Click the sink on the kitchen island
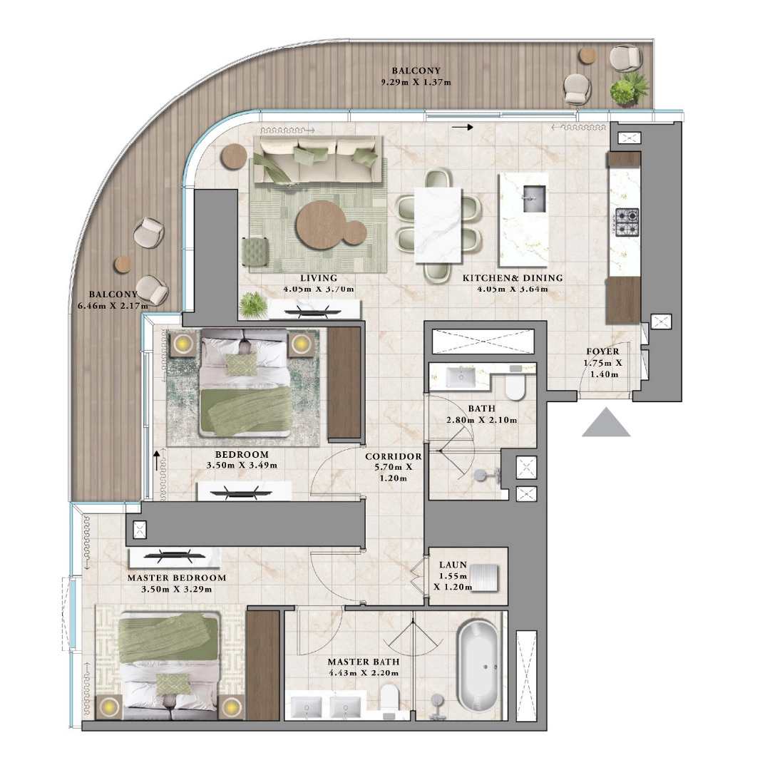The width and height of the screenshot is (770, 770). [533, 192]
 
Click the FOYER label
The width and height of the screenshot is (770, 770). [602, 351]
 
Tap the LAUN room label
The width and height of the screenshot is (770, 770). [453, 565]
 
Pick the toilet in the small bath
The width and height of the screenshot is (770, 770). [513, 388]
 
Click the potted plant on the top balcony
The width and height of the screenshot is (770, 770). [629, 89]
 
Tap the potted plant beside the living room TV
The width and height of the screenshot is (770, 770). [251, 306]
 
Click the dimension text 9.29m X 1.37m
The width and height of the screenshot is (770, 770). [416, 83]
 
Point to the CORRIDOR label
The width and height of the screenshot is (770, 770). [393, 456]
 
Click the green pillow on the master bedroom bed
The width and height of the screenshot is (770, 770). [170, 683]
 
